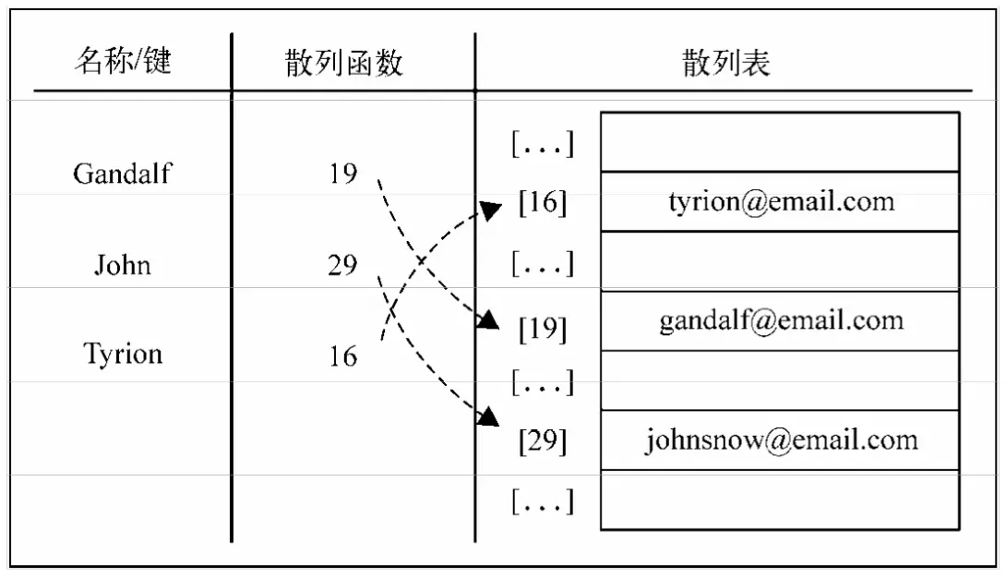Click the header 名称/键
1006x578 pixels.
coord(123,62)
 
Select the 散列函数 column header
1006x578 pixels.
coord(343,63)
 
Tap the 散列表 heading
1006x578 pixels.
coord(725,62)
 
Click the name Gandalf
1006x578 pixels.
coord(122,174)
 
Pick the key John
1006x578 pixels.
coord(122,266)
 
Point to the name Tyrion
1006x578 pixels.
coord(123,354)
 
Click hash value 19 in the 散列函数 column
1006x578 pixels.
coord(343,174)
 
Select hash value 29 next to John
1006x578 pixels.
coord(343,266)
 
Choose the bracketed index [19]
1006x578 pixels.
coord(543,329)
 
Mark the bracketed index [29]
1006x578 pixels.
coord(543,441)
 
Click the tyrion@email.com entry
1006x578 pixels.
coord(781,201)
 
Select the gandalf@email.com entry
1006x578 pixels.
coord(781,320)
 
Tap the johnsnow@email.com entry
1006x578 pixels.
coord(781,440)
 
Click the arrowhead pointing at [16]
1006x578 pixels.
coord(492,211)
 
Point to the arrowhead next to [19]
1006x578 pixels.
coord(489,320)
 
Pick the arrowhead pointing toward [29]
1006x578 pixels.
coord(488,417)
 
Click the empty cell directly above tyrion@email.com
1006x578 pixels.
coord(781,141)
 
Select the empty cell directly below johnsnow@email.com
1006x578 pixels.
coord(781,500)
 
